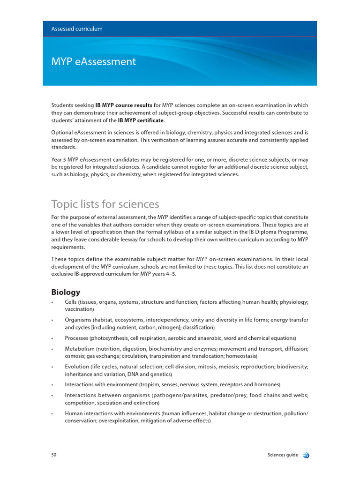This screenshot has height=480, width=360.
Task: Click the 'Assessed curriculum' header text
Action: (x=77, y=29)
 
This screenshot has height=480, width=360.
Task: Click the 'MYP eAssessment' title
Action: (x=93, y=61)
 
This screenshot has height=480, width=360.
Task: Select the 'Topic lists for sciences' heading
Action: (x=105, y=204)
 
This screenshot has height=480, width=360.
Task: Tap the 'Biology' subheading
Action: (x=66, y=292)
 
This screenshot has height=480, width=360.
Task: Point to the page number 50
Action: (x=54, y=455)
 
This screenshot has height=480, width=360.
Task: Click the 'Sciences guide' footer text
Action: (x=283, y=455)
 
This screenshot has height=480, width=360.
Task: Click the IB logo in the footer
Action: (x=307, y=455)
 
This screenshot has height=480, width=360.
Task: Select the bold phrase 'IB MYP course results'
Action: (x=124, y=105)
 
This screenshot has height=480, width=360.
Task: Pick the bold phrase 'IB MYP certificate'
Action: (x=141, y=120)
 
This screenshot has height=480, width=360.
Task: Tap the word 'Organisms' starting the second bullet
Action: (x=78, y=320)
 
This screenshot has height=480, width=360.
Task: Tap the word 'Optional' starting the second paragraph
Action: (x=62, y=133)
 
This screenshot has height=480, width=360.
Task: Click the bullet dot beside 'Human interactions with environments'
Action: (x=52, y=414)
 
